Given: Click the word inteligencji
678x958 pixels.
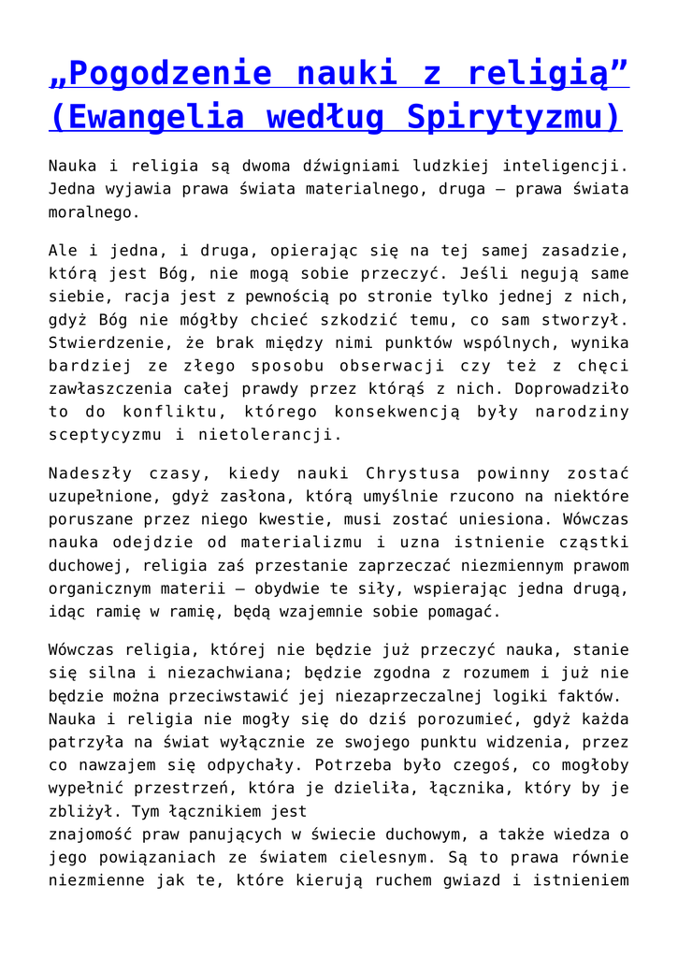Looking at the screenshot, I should click(565, 166).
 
